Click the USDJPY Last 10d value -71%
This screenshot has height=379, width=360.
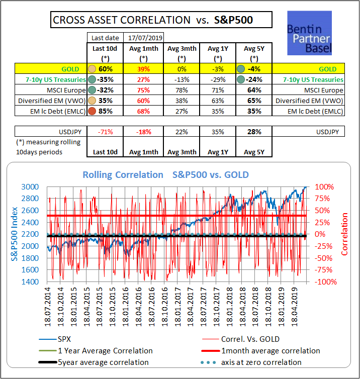[x=106, y=132]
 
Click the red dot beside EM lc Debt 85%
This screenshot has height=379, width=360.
[x=93, y=111]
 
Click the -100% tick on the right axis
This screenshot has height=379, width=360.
[x=325, y=281]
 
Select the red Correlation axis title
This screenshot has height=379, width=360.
[x=344, y=234]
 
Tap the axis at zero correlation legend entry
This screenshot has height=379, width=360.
[x=261, y=362]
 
